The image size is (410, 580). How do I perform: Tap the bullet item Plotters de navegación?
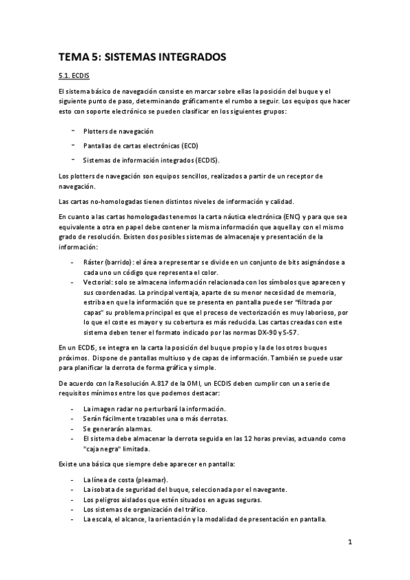pyautogui.click(x=118, y=131)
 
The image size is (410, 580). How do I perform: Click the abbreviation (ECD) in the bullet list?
pyautogui.click(x=194, y=146)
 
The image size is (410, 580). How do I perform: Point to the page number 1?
pyautogui.click(x=349, y=543)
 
